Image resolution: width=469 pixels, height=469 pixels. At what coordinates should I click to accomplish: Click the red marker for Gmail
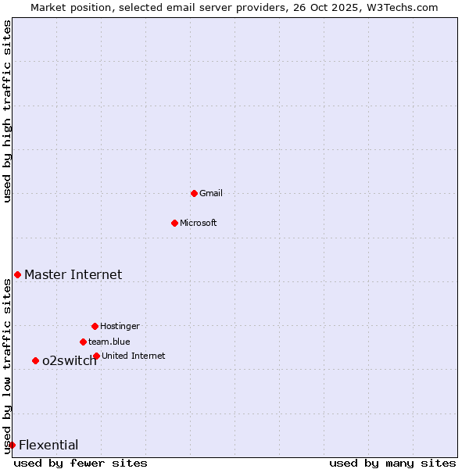click(194, 193)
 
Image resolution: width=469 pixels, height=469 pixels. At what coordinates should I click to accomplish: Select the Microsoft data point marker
click(174, 223)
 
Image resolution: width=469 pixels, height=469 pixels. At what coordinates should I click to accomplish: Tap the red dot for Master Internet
click(17, 274)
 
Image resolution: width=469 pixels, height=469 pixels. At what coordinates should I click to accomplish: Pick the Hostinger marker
click(95, 326)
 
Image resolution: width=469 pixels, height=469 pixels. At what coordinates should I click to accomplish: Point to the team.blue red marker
click(83, 342)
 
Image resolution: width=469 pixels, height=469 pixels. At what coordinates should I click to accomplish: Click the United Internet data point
click(96, 356)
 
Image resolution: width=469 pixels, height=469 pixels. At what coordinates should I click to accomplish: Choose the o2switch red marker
click(35, 360)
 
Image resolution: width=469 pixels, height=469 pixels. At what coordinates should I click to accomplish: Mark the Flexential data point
click(12, 445)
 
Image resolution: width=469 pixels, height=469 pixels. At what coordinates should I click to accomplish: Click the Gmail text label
click(211, 193)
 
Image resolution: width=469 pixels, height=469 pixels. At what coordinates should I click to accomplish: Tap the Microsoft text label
click(199, 223)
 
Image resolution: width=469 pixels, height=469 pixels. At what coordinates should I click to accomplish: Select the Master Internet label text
click(73, 274)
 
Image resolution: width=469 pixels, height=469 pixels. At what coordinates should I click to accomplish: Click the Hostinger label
click(120, 326)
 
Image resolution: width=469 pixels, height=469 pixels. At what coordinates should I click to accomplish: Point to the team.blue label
click(109, 342)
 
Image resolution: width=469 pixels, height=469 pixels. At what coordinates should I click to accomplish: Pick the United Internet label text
click(134, 356)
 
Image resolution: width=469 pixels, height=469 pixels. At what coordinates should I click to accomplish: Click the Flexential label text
click(48, 445)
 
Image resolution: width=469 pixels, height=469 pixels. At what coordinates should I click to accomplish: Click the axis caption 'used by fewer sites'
click(81, 463)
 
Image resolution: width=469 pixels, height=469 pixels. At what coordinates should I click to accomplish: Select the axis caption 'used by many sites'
click(392, 463)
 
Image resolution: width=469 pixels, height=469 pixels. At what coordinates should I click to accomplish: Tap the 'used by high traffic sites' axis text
click(8, 111)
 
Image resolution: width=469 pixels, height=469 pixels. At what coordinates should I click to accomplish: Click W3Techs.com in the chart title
click(399, 7)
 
